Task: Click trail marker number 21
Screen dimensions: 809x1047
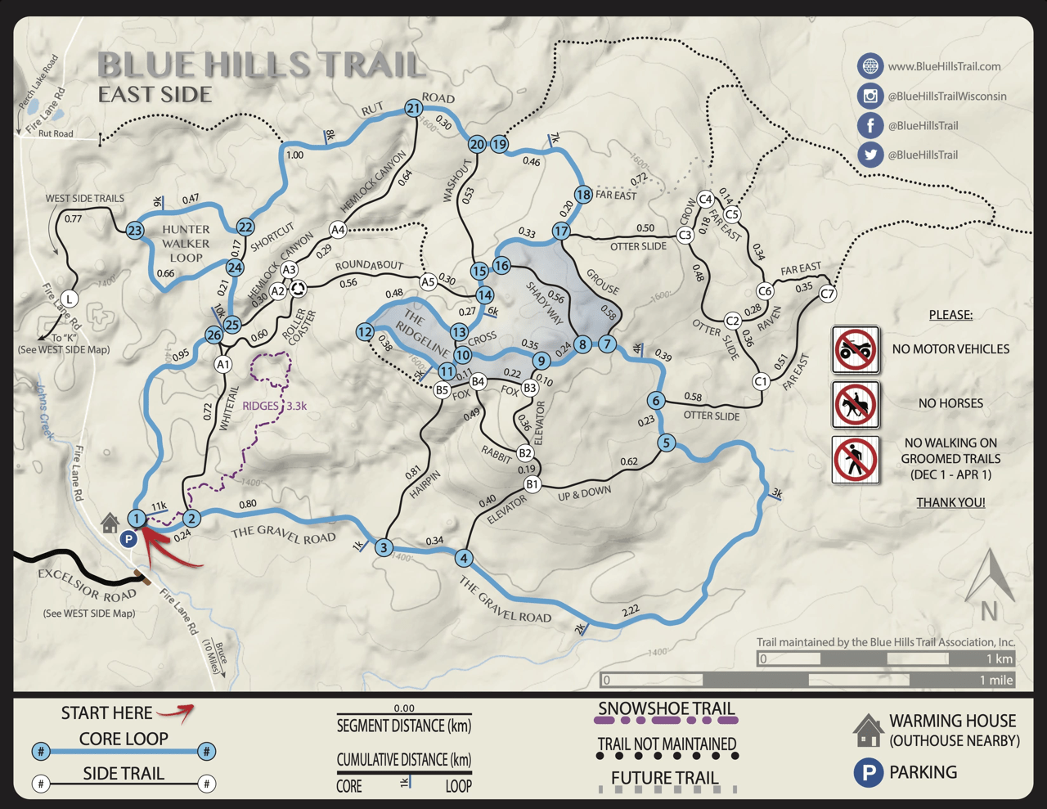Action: coord(413,108)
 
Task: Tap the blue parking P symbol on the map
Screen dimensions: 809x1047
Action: coord(128,539)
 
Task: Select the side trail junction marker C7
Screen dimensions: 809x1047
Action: coord(828,294)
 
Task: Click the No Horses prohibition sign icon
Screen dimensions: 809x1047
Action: coord(856,404)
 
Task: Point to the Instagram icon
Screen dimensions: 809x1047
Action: coord(870,96)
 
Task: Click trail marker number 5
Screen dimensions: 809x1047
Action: coord(666,443)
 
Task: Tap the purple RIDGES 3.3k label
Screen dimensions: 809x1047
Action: coord(274,406)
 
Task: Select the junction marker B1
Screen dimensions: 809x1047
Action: coord(532,484)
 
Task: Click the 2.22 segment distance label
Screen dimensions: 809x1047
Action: coord(631,610)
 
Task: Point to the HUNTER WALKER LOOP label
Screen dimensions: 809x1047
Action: coord(186,243)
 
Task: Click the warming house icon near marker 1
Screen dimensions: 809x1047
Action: coord(110,523)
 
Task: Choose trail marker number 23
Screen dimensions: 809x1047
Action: coord(135,231)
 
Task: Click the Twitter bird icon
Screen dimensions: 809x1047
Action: coord(870,155)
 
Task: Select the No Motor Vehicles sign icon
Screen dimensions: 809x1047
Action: coord(856,349)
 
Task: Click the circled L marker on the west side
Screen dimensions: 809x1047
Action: coord(70,299)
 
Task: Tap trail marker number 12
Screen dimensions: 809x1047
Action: coord(365,331)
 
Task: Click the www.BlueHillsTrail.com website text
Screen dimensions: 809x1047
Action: coord(944,66)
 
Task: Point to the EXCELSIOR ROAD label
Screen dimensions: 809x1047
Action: coord(87,584)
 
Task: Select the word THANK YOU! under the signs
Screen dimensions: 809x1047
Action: coord(950,502)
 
